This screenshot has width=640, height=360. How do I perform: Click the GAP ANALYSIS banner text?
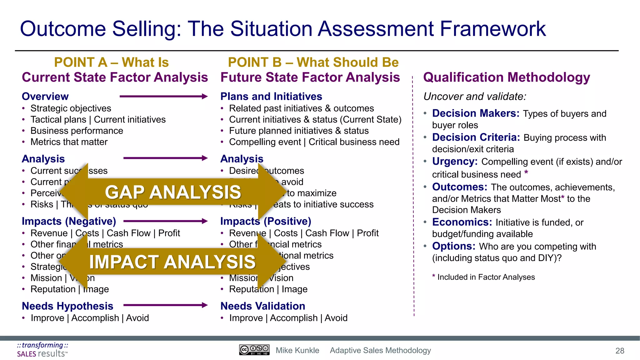tap(173, 192)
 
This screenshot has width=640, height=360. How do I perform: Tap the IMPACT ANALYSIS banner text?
tap(172, 262)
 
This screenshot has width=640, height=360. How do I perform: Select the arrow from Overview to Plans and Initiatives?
tap(163, 96)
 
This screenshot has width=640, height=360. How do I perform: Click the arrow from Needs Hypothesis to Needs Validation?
tap(165, 305)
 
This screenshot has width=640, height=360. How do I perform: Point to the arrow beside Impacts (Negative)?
tap(165, 221)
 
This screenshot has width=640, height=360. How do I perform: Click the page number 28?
tap(620, 351)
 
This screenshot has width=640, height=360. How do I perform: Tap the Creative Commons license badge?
tap(254, 350)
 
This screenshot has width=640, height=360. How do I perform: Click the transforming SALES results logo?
tap(42, 350)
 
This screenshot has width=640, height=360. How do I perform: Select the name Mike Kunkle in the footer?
tap(297, 350)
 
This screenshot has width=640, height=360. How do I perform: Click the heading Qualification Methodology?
tap(506, 77)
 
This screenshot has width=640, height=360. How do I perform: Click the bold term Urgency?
tap(455, 161)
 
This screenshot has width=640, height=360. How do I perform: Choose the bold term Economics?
tap(462, 222)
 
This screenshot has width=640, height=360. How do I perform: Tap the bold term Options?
tap(453, 246)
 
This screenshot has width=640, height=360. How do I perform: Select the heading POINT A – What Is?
tap(111, 62)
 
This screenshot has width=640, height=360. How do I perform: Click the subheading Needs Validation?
tap(262, 306)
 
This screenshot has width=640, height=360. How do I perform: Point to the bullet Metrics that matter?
tap(69, 142)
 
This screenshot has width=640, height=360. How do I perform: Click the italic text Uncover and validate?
tap(474, 96)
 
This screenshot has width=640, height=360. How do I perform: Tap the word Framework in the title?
tap(493, 29)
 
